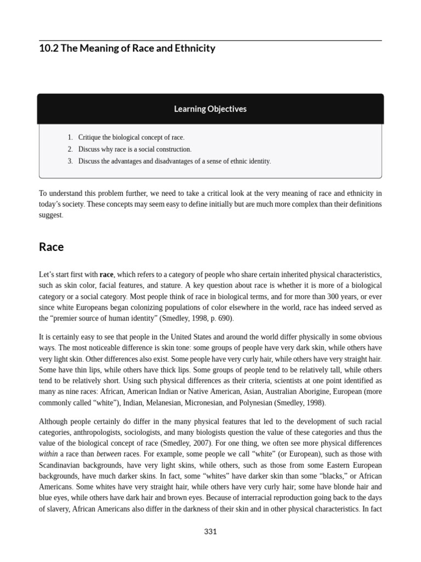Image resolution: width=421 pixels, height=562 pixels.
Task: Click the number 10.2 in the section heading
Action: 48,48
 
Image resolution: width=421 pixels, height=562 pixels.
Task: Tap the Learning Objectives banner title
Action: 210,109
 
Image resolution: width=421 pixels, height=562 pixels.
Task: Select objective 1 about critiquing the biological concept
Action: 131,137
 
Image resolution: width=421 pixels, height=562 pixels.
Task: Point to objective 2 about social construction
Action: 135,149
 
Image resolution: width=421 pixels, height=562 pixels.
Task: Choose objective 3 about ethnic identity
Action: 174,161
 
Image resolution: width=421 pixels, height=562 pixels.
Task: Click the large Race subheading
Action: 51,247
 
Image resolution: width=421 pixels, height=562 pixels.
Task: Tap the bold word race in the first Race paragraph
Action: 106,274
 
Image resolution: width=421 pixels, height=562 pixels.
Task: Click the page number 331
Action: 210,531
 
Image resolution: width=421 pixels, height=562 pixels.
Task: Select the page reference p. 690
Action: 217,318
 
